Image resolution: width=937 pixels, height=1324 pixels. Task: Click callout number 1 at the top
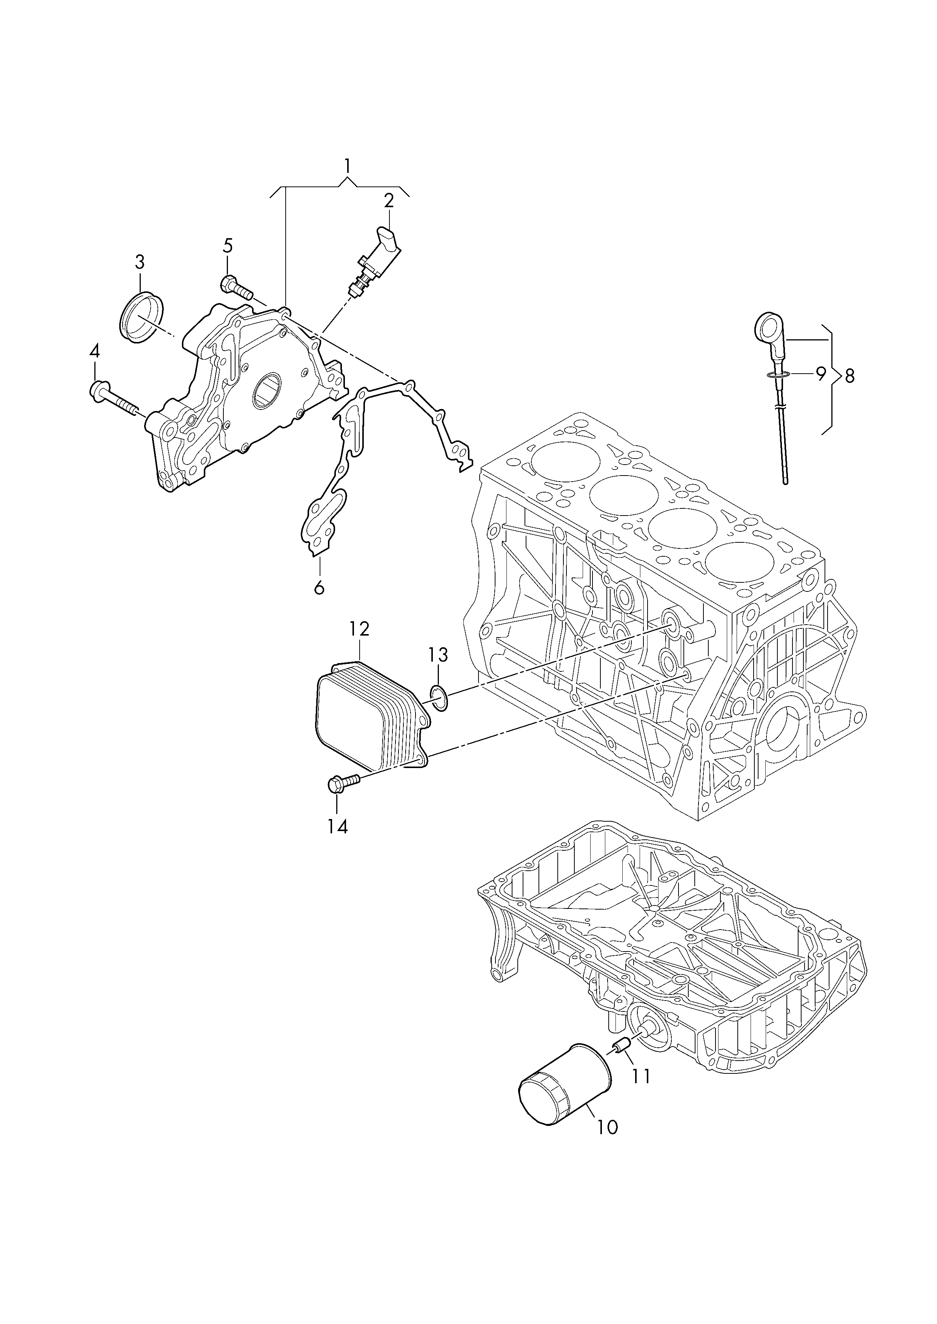coord(347,167)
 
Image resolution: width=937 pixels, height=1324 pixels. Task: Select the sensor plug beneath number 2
coord(378,260)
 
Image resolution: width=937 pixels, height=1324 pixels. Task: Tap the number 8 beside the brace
coord(849,376)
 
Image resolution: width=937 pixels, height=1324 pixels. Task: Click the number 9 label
coord(820,375)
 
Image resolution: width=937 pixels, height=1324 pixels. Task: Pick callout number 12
coord(359,628)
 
